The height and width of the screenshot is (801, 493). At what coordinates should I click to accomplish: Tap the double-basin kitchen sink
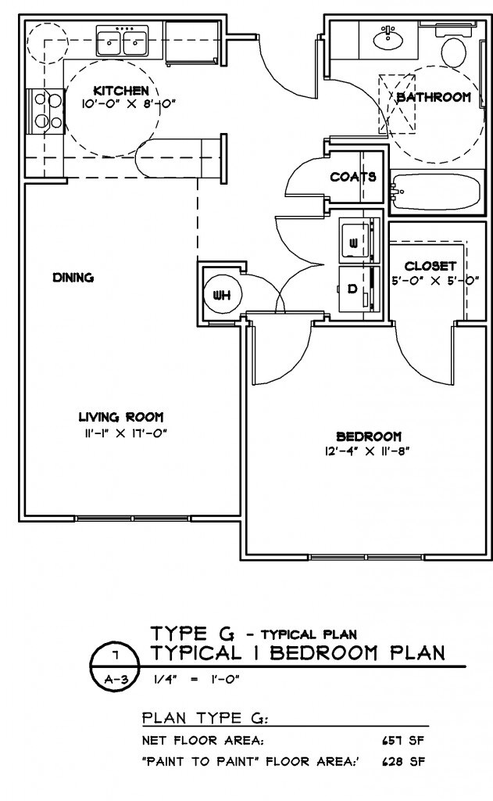(x=123, y=38)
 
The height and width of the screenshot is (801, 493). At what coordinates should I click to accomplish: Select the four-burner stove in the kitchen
(x=44, y=110)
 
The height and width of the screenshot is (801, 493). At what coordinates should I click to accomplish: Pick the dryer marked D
(x=354, y=289)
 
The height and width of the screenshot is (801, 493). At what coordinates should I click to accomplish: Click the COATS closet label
(x=353, y=177)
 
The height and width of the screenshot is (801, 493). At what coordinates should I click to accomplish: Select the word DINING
(x=73, y=277)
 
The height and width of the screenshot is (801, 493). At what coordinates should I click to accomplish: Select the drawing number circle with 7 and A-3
(x=111, y=664)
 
